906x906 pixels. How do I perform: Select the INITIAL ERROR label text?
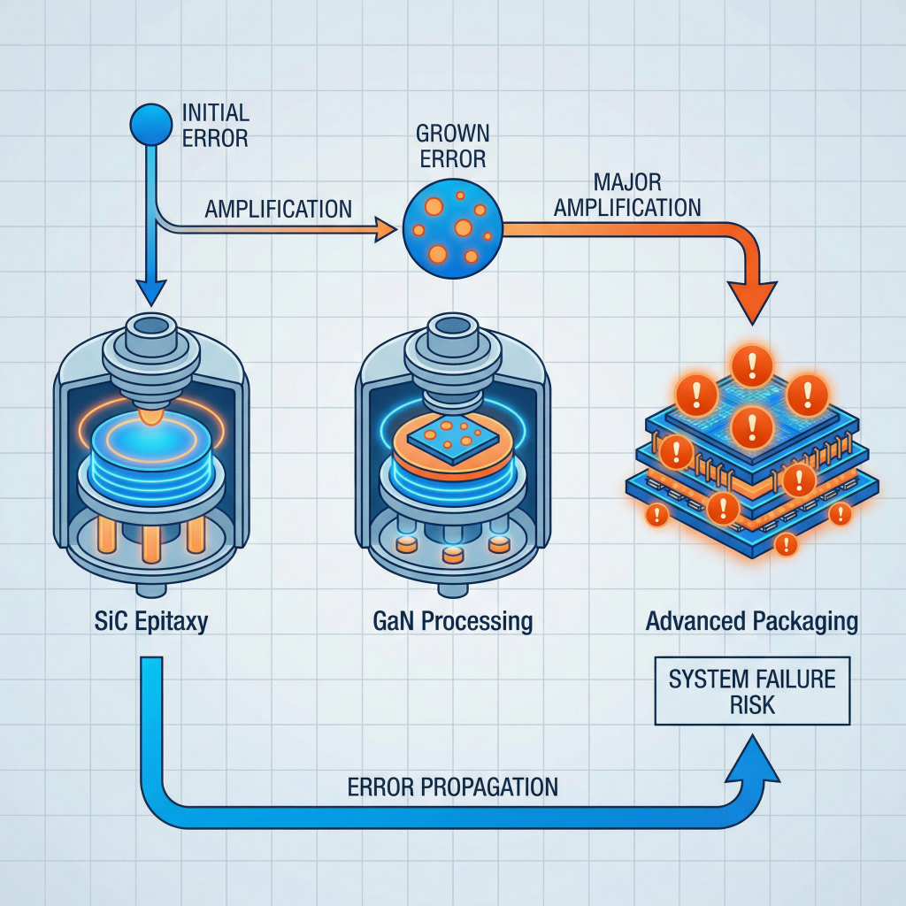point(215,126)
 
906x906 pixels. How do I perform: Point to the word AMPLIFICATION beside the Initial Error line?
point(279,210)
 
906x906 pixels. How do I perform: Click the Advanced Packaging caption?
point(751,620)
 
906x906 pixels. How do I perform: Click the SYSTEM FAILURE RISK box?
point(751,692)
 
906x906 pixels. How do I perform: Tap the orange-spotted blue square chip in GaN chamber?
point(454,435)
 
